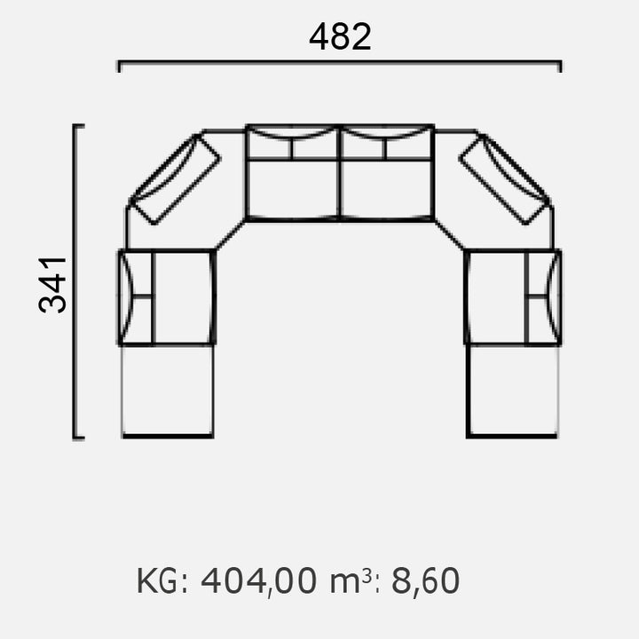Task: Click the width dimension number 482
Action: pyautogui.click(x=340, y=37)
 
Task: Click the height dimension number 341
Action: pyautogui.click(x=52, y=285)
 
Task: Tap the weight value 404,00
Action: pyautogui.click(x=258, y=580)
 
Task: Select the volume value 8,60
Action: pyautogui.click(x=425, y=580)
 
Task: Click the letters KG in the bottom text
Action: pyautogui.click(x=157, y=580)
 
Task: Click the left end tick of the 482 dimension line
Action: pyautogui.click(x=119, y=66)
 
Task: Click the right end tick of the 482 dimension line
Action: pyautogui.click(x=560, y=66)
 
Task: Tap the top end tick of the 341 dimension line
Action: pyautogui.click(x=79, y=126)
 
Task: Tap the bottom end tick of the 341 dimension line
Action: pyautogui.click(x=79, y=438)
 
